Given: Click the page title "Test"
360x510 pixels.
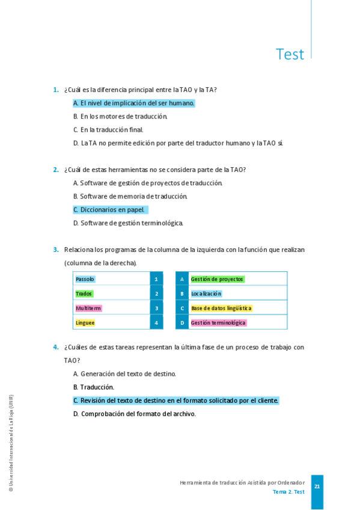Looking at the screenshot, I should [290, 54].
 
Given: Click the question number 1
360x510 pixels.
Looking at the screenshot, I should [55, 90].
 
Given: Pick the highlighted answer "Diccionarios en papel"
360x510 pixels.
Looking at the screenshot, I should [109, 210].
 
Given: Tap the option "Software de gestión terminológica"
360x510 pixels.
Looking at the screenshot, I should [128, 223].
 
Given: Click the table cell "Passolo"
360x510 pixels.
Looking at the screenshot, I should [85, 279].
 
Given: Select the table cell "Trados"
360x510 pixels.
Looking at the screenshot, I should [84, 293].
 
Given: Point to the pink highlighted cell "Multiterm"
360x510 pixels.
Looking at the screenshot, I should [88, 308].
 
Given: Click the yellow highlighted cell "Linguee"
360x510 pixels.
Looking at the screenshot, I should [85, 322].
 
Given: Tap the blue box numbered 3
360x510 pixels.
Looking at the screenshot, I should [156, 308].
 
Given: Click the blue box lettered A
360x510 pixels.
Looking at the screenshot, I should [182, 279].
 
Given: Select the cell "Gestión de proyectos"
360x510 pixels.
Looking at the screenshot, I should [217, 279].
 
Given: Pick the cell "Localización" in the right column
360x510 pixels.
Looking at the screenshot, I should [206, 293].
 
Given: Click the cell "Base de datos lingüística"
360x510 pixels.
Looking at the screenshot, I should [221, 308].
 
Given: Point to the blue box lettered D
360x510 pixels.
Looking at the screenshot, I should [182, 322].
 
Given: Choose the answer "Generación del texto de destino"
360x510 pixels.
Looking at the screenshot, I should [124, 374].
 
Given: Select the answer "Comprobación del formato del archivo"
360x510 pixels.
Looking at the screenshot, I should [135, 414].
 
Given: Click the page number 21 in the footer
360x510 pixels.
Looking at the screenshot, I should [317, 487].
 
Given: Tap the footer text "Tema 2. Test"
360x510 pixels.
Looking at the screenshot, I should [288, 492].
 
